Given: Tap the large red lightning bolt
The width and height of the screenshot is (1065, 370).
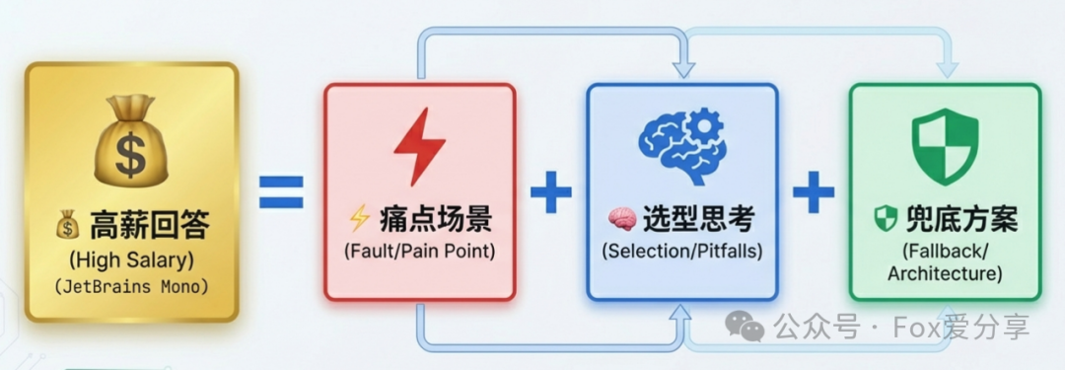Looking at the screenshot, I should [419, 146].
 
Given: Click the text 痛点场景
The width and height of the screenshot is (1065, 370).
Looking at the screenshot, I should [435, 218].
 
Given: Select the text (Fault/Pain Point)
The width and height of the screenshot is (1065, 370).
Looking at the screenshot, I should [419, 250].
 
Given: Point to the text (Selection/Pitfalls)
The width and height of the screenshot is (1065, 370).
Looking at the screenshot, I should [681, 251].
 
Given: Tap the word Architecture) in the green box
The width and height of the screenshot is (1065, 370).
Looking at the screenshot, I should [945, 273].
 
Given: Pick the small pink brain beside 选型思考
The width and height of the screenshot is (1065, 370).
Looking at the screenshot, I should [620, 219].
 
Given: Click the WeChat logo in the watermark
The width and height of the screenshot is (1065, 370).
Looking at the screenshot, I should [745, 327].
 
